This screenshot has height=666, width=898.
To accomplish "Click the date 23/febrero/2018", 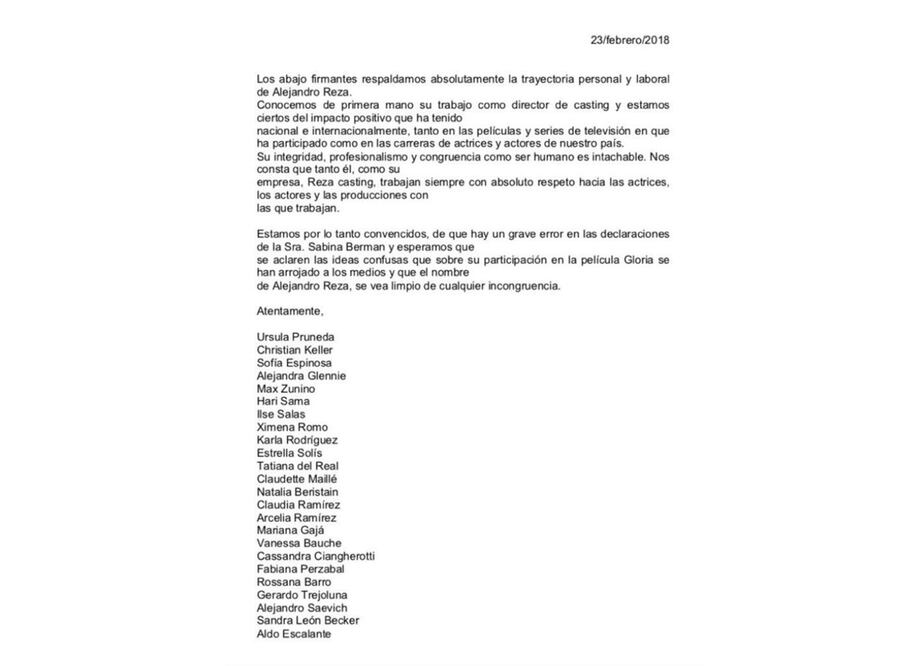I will tap(630, 40).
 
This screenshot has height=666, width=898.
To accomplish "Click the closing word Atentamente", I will tap(290, 311).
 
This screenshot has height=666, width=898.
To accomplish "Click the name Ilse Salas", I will tap(281, 414).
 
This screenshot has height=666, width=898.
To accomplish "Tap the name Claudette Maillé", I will tap(297, 479).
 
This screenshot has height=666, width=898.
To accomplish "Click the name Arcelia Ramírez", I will tap(296, 518).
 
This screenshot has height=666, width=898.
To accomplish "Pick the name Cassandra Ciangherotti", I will tap(316, 556).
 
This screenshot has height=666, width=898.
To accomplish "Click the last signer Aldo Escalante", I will tap(293, 633).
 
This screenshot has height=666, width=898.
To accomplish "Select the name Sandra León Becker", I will tap(308, 620).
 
